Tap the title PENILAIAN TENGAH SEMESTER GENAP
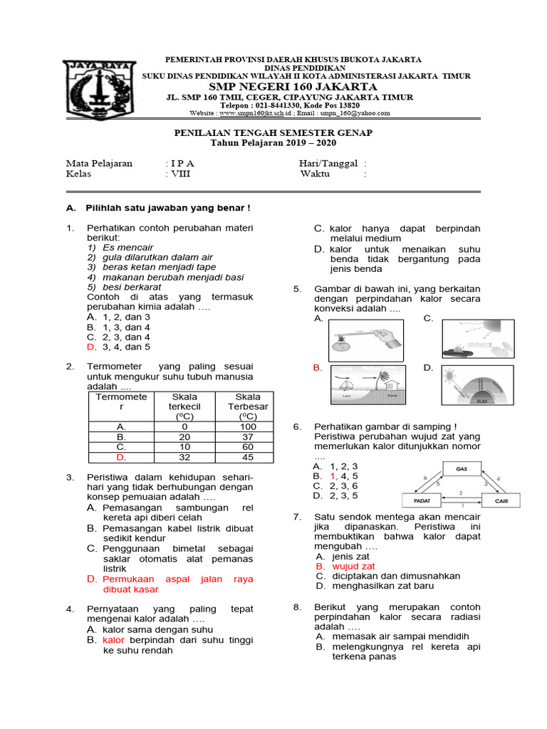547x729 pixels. [x=273, y=133]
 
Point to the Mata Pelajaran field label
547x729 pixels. [x=99, y=163]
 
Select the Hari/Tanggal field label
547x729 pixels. [x=328, y=163]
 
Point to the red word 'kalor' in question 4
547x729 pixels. [x=113, y=640]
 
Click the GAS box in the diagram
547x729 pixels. [x=462, y=468]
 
